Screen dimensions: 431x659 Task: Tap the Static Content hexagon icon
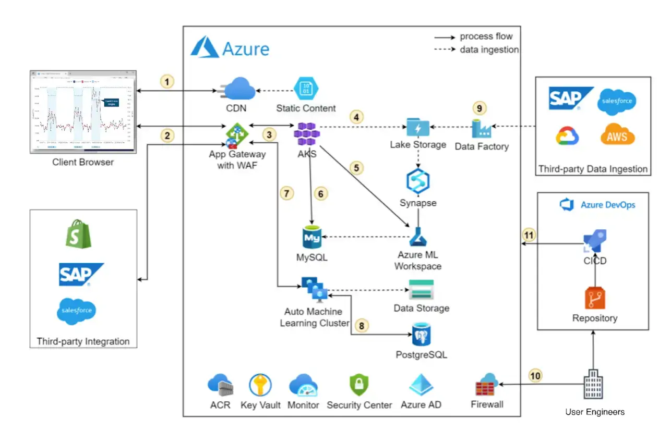pos(306,88)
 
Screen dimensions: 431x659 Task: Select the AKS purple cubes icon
pos(307,134)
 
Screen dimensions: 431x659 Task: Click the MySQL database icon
pos(311,238)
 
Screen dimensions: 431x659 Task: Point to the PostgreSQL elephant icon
pos(421,335)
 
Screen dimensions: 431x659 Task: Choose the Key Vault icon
pos(260,386)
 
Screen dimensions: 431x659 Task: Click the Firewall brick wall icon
pos(487,386)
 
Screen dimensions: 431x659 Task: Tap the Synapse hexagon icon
pos(417,181)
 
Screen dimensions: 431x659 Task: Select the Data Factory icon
pos(481,128)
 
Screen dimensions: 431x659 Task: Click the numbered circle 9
pos(480,108)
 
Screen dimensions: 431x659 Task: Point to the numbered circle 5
pos(357,168)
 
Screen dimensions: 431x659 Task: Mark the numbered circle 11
pos(529,235)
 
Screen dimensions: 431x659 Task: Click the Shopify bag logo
pos(79,234)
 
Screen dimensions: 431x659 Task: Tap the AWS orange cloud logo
pos(617,135)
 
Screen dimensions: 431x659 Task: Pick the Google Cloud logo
pos(567,136)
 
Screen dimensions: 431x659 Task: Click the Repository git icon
pos(595,298)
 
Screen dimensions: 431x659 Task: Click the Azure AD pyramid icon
pos(421,386)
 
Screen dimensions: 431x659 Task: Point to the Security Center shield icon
pos(359,386)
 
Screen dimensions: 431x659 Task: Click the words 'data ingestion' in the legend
pos(489,50)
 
